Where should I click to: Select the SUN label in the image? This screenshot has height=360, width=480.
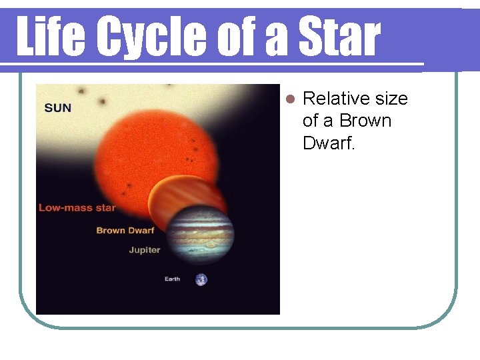click(x=57, y=108)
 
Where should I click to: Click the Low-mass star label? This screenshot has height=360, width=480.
click(x=77, y=207)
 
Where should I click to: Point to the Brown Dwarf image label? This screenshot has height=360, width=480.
click(x=125, y=231)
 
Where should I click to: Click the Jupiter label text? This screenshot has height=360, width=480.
click(x=144, y=250)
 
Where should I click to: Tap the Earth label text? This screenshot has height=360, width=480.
click(x=172, y=279)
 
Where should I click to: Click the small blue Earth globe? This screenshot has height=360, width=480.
click(x=201, y=279)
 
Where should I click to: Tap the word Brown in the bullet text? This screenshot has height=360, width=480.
click(x=365, y=121)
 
